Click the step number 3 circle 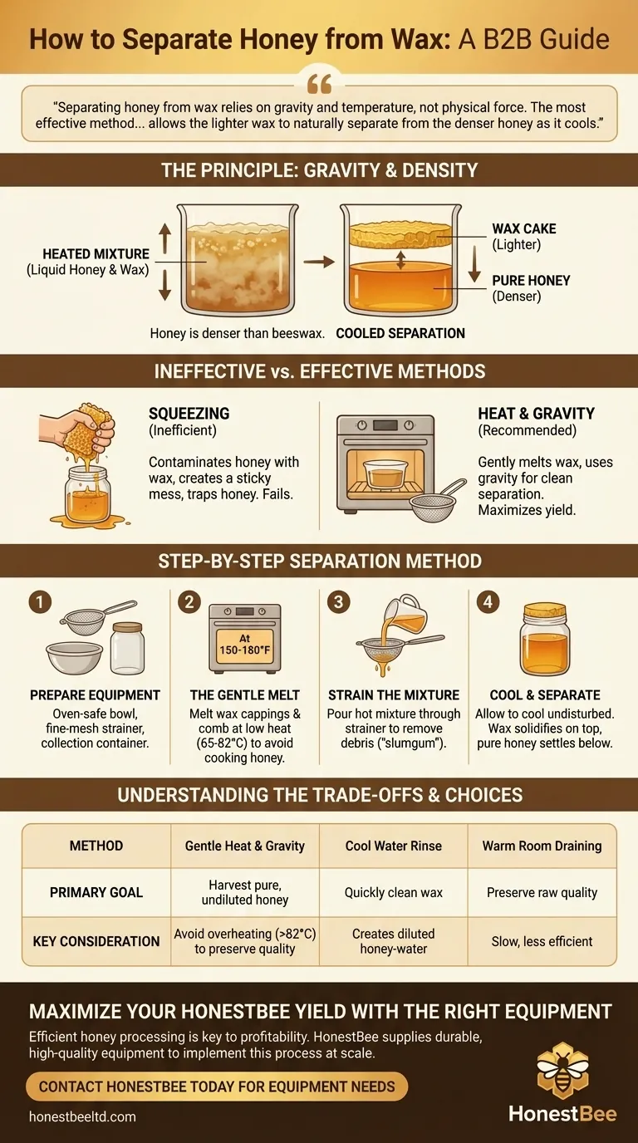338,601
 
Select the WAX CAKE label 523,228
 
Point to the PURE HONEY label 531,281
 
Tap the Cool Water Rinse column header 394,846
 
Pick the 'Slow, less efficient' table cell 542,941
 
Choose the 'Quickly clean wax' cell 394,892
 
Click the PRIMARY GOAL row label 96,892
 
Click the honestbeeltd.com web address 81,1117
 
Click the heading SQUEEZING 189,413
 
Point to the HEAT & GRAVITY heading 536,413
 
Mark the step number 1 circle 41,601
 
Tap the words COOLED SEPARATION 400,333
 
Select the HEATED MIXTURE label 96,255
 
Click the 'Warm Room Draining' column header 542,846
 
